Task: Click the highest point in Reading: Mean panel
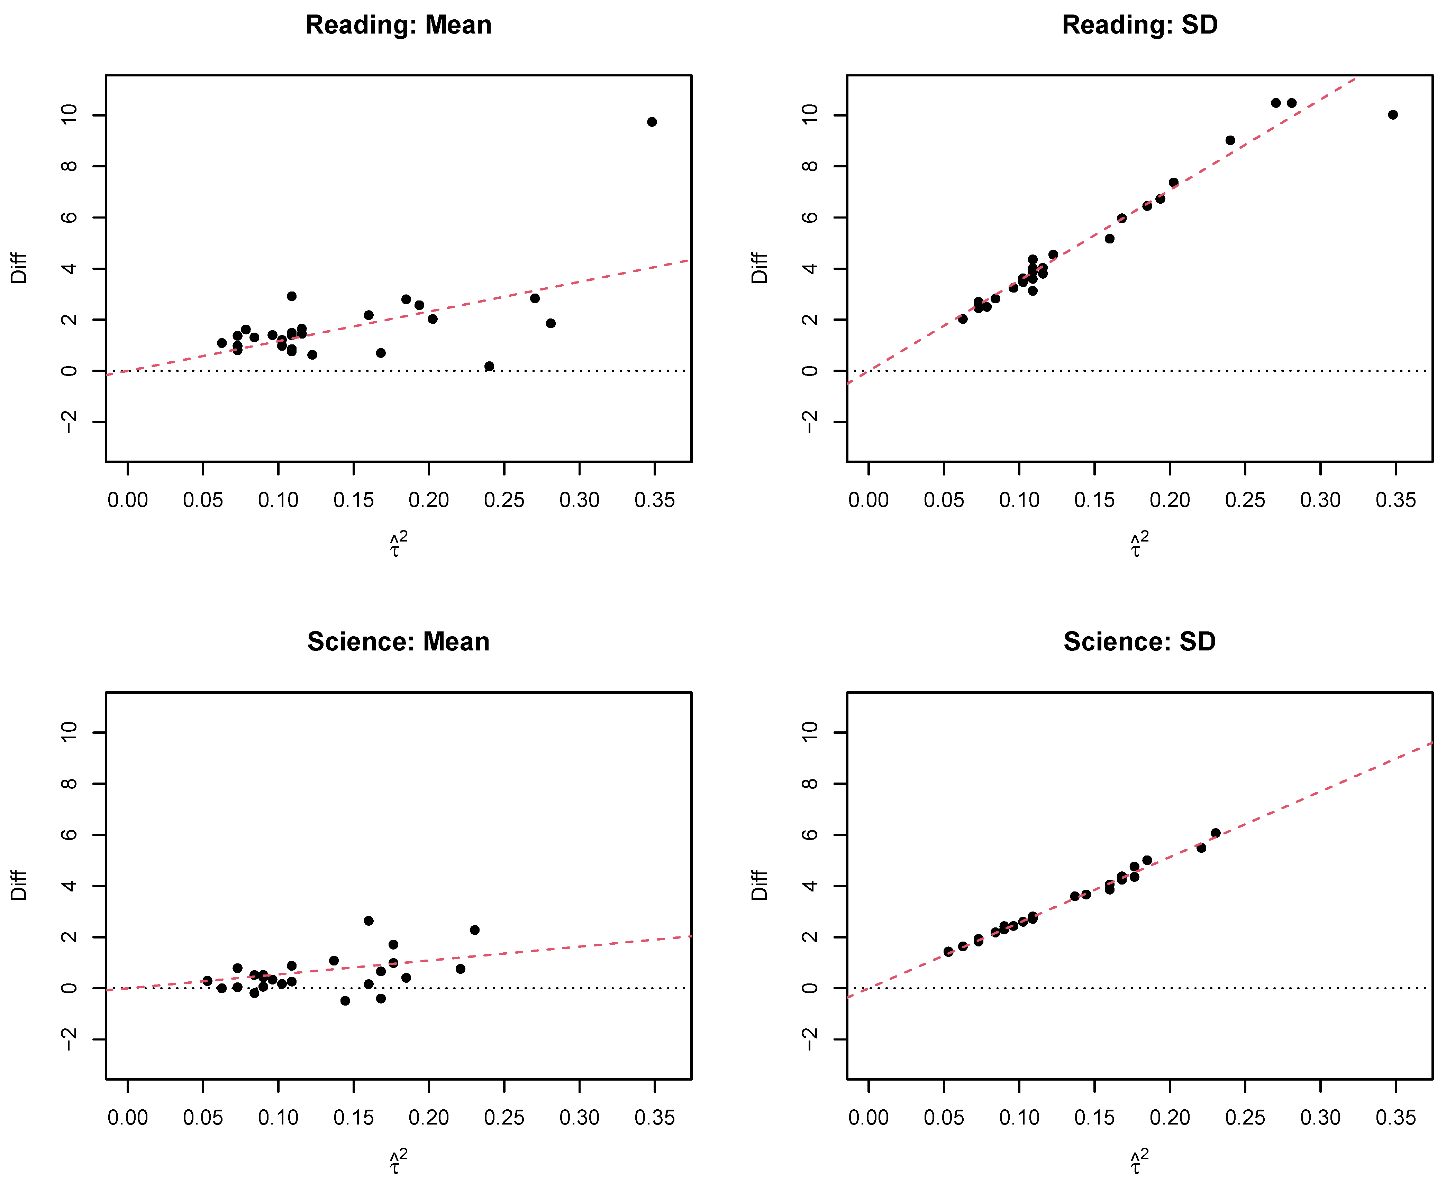point(652,122)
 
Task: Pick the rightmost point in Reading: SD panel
point(1393,114)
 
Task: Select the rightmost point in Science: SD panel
point(1215,833)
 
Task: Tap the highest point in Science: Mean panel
point(369,921)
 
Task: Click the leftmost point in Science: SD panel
point(948,951)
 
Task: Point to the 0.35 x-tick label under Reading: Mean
point(654,501)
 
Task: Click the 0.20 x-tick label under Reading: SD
point(1170,501)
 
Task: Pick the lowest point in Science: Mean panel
point(345,1000)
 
